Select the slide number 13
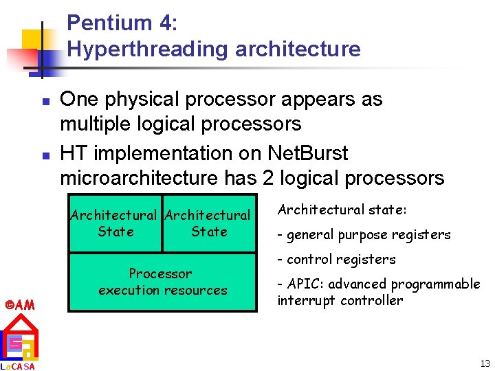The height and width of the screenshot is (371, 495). coord(485,363)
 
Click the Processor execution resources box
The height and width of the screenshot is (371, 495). coord(162,282)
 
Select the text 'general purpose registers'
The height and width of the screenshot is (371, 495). coord(368,235)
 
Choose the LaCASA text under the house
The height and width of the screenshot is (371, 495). coord(19,366)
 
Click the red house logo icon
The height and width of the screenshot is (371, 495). coord(19,337)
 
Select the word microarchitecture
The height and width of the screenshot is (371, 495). coord(140,179)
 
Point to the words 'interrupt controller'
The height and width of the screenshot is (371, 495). coord(340,300)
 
